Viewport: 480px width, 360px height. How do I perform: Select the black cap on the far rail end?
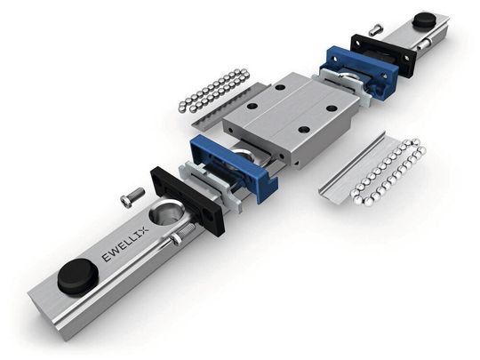coord(425,20)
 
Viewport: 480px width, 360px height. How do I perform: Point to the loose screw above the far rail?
coord(375,29)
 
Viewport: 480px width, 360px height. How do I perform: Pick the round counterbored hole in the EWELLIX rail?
coord(166,213)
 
